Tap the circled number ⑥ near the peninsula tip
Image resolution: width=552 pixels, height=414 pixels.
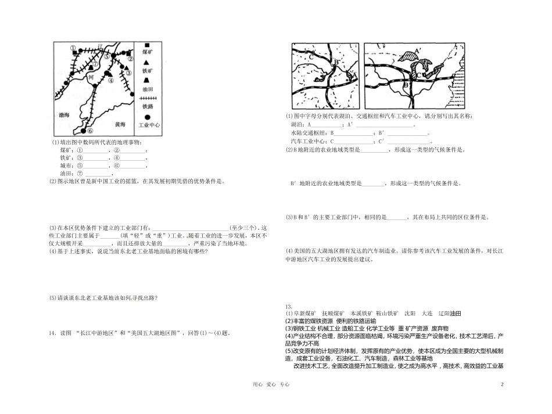pyautogui.click(x=90, y=131)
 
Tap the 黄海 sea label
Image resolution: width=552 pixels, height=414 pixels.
pyautogui.click(x=120, y=124)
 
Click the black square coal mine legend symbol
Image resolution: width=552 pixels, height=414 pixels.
pyautogui.click(x=148, y=45)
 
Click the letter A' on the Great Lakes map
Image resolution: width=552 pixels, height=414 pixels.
pyautogui.click(x=414, y=51)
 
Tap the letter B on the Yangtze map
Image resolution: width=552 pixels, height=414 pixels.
pyautogui.click(x=336, y=62)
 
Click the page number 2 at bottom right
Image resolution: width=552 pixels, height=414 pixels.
pyautogui.click(x=501, y=384)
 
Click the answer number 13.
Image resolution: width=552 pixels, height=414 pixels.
pyautogui.click(x=288, y=305)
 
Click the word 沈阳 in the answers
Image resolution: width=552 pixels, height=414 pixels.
pyautogui.click(x=410, y=313)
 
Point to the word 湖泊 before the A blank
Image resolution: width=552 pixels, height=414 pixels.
pyautogui.click(x=296, y=124)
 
